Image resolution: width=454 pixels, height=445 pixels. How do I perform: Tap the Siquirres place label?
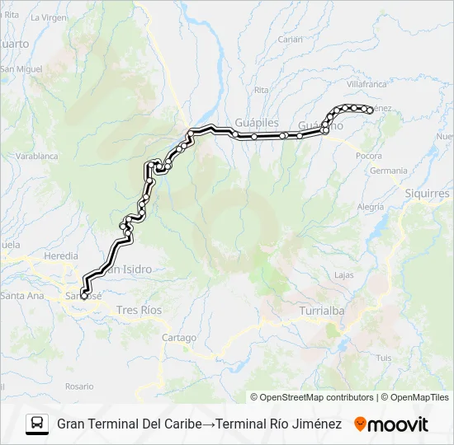(427, 194)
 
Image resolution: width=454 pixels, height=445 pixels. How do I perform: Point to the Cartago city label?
(179, 338)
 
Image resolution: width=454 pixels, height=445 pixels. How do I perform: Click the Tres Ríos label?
(140, 310)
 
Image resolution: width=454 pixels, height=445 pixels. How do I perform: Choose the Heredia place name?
(61, 256)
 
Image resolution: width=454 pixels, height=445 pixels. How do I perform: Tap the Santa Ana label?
(21, 296)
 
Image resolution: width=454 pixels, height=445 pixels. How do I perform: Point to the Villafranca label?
(367, 84)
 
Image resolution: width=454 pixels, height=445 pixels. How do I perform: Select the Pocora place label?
(368, 155)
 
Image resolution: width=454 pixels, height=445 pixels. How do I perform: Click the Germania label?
(389, 171)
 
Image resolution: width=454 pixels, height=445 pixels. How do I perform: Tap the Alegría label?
(371, 207)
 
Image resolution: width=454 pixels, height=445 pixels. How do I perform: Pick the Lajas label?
(344, 274)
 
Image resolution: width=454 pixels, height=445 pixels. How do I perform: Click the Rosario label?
(80, 386)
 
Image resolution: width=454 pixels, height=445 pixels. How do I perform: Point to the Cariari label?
(291, 39)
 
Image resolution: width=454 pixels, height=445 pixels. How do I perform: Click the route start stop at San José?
(83, 296)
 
